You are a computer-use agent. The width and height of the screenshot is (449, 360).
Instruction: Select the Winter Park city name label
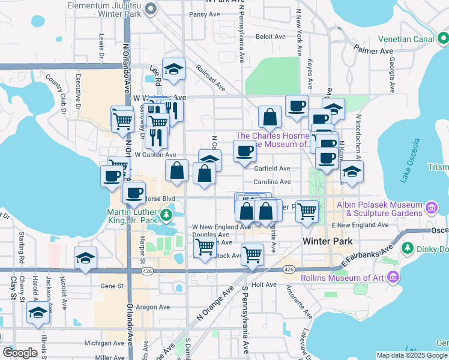click(x=325, y=241)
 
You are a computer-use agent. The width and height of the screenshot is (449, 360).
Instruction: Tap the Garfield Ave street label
click(x=273, y=169)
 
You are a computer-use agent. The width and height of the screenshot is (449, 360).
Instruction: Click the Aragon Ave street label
click(x=152, y=306)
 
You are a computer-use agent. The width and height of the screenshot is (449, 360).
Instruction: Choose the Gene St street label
click(x=111, y=286)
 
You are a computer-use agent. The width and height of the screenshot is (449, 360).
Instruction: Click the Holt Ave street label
click(x=264, y=284)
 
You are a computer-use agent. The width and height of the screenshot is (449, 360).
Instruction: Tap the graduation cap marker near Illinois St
click(x=38, y=313)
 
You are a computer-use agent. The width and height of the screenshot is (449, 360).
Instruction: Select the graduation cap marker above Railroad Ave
click(x=173, y=69)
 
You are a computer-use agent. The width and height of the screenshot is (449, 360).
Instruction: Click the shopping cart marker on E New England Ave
click(x=307, y=211)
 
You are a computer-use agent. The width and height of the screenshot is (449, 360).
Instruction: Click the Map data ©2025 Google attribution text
click(x=412, y=355)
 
